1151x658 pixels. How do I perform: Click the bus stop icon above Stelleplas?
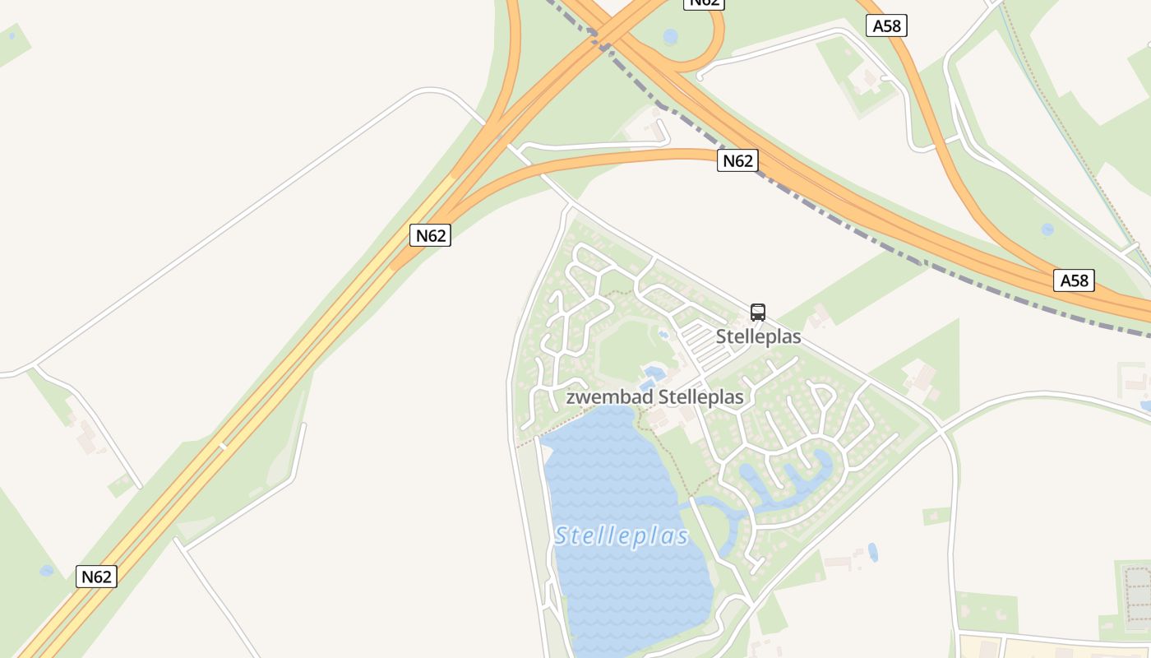(758, 313)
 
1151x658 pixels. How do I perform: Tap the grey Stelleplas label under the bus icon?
(758, 337)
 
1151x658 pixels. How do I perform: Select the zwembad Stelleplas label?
(654, 397)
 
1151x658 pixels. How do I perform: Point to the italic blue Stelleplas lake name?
(622, 536)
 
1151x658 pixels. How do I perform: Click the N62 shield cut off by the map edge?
(705, 2)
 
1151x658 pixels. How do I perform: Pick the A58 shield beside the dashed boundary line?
(1074, 280)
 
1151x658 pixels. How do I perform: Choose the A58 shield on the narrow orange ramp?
(887, 25)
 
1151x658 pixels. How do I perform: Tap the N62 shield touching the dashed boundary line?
(737, 160)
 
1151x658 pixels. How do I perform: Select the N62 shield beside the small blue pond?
(97, 577)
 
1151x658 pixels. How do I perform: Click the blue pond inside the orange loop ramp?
(671, 37)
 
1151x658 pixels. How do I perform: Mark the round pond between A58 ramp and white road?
(1047, 229)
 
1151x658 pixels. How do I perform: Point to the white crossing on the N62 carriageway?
(221, 447)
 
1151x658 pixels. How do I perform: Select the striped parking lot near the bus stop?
(705, 345)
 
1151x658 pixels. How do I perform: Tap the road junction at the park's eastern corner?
(940, 428)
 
